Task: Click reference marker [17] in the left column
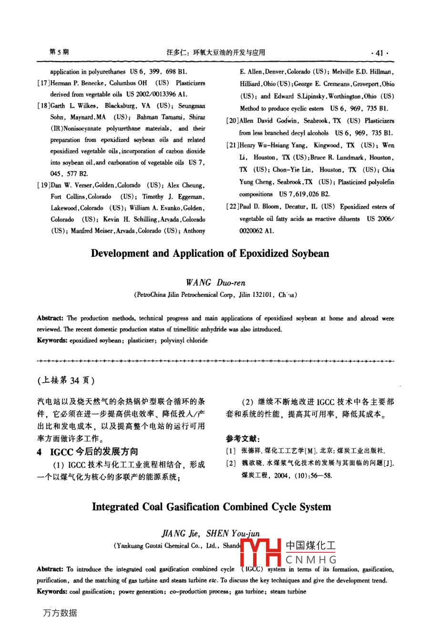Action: pyautogui.click(x=44, y=83)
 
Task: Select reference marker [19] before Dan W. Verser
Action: pyautogui.click(x=44, y=185)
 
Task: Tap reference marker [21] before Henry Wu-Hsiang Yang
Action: pyautogui.click(x=233, y=145)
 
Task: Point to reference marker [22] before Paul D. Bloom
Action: pyautogui.click(x=233, y=207)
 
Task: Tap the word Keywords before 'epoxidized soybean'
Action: pyautogui.click(x=52, y=341)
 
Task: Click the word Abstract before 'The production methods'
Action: pyautogui.click(x=50, y=318)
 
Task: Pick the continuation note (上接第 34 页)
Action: pyautogui.click(x=66, y=380)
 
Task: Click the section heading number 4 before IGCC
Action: pyautogui.click(x=40, y=452)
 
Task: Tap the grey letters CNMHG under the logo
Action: pyautogui.click(x=311, y=560)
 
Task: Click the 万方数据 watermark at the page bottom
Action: pyautogui.click(x=60, y=613)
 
